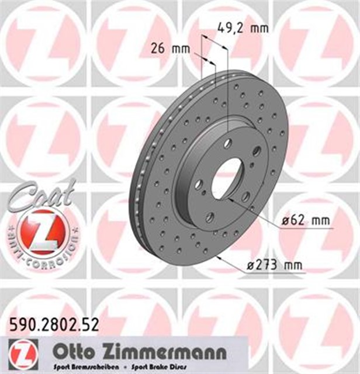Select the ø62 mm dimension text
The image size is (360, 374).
click(304, 222)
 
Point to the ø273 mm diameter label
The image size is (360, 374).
click(275, 266)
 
